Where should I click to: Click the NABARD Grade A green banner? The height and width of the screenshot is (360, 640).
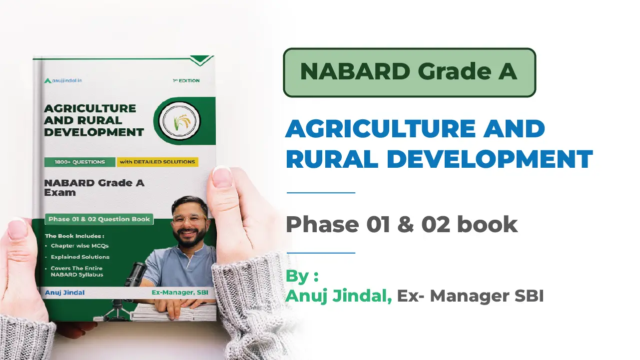(409, 72)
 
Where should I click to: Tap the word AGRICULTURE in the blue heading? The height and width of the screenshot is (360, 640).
(381, 128)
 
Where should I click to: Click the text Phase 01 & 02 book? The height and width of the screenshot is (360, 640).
(401, 224)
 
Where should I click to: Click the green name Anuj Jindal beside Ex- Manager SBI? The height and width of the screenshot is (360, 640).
(339, 296)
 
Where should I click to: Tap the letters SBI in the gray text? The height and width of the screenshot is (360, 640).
(529, 296)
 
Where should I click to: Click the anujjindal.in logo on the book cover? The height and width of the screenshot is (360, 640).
(63, 81)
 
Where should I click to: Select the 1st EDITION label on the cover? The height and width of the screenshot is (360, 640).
(186, 81)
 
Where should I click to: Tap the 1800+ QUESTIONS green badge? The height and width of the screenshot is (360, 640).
(80, 162)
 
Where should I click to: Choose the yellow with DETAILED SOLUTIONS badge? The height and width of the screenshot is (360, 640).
(157, 162)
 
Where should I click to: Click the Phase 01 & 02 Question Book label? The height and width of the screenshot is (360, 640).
(99, 219)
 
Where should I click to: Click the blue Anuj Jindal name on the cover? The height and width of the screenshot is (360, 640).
(65, 293)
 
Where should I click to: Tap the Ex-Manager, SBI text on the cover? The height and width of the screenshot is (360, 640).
(180, 293)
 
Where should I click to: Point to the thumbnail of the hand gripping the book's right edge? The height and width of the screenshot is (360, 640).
(222, 177)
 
